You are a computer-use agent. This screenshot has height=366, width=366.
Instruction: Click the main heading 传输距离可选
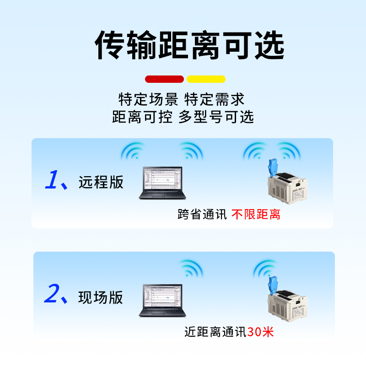click(189, 45)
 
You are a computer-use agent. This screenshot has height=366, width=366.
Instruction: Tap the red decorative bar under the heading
click(164, 79)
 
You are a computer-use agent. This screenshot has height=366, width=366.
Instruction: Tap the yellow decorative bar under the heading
click(206, 79)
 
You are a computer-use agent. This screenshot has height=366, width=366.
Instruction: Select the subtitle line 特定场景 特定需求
click(182, 99)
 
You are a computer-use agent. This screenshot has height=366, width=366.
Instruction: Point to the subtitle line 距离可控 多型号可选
click(183, 117)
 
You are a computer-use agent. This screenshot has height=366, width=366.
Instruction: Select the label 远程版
click(101, 182)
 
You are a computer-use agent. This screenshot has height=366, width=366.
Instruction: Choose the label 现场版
click(101, 297)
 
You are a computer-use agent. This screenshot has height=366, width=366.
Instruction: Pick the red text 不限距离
click(256, 214)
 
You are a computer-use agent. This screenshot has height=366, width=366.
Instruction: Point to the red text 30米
click(261, 332)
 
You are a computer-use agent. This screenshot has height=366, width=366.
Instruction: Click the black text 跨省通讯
click(202, 214)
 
